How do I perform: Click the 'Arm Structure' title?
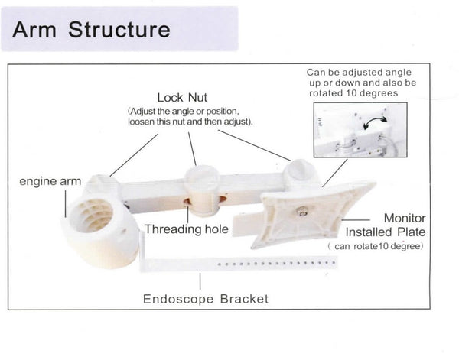[x=91, y=30]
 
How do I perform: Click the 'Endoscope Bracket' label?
[x=206, y=298]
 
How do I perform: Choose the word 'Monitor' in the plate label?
[x=404, y=218]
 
